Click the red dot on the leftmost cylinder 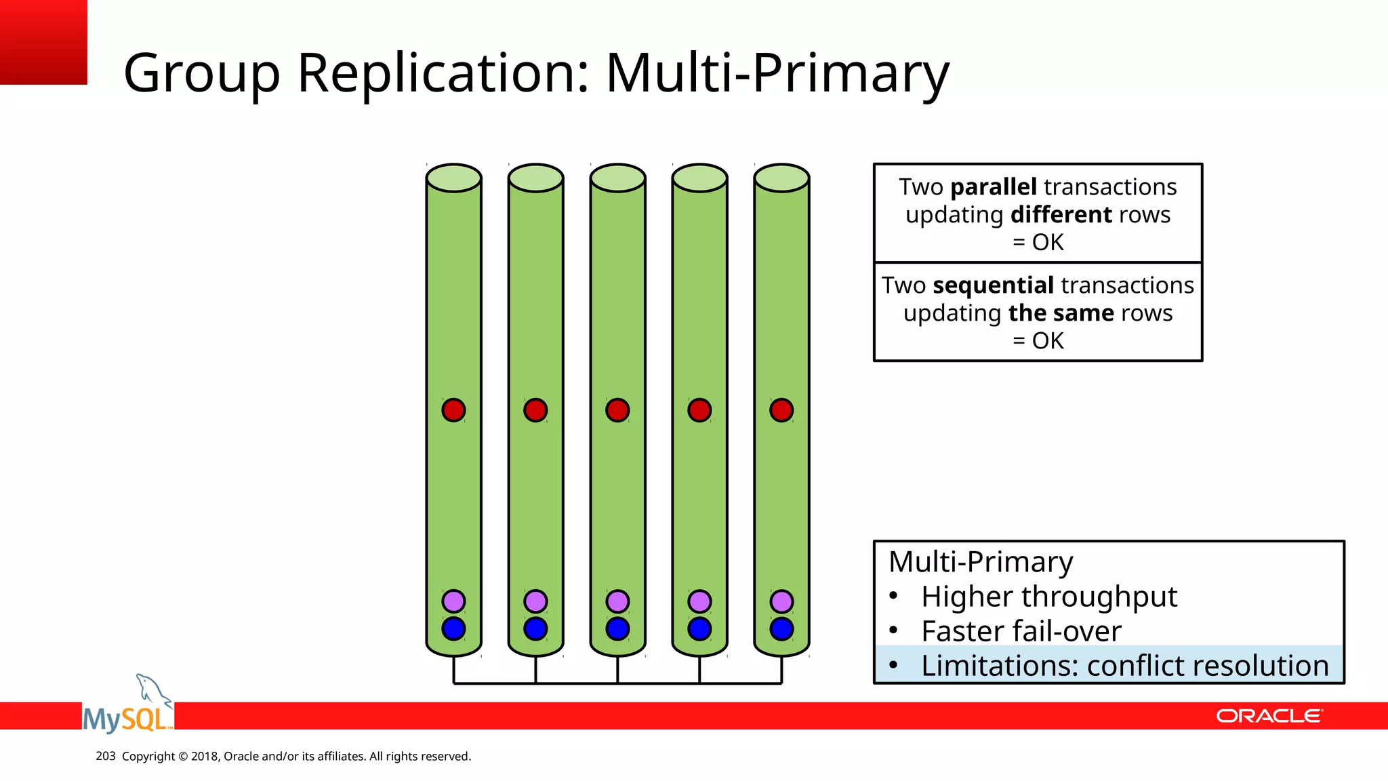[453, 410]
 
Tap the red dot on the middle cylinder [617, 410]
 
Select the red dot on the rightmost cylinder [781, 410]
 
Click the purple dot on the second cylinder [535, 601]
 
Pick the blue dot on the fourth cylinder [699, 629]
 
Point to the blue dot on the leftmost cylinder [453, 629]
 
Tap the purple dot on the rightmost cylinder [781, 601]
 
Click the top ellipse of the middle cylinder [617, 178]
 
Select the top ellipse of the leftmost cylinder [453, 178]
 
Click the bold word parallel [994, 187]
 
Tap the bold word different [1061, 215]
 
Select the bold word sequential [993, 285]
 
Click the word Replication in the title [444, 73]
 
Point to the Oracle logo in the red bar [1269, 716]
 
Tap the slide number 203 [106, 756]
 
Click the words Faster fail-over [1021, 632]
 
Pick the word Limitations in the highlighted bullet [999, 666]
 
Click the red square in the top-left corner [43, 42]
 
